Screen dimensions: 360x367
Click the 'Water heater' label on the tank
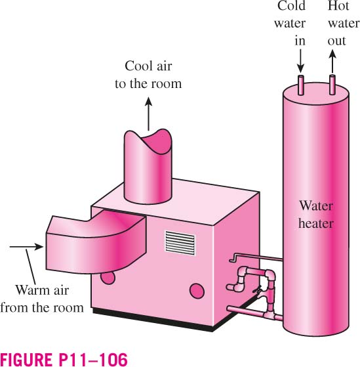click(x=316, y=215)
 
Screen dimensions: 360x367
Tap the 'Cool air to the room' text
click(x=148, y=75)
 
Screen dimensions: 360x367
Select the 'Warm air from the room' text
click(x=42, y=299)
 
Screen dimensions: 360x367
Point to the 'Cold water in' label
click(x=290, y=23)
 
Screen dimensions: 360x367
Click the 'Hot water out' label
click(x=343, y=23)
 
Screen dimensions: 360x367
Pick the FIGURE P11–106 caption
click(x=64, y=359)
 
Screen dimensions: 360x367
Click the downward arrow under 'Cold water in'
click(x=300, y=61)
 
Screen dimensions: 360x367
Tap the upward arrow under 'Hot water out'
click(x=332, y=61)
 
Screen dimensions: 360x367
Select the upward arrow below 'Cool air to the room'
click(x=148, y=114)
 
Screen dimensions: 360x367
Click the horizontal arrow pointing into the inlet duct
click(x=26, y=246)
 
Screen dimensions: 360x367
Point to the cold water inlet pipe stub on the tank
click(x=301, y=85)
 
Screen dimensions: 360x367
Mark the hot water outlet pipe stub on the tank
click(x=332, y=85)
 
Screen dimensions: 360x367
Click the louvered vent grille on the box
click(x=180, y=243)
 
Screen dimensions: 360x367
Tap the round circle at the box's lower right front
click(x=197, y=291)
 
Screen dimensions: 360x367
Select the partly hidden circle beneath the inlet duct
click(x=108, y=278)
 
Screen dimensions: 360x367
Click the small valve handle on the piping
click(x=258, y=290)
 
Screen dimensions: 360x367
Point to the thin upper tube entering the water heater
click(x=256, y=257)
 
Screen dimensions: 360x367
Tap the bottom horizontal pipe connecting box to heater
click(x=255, y=313)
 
